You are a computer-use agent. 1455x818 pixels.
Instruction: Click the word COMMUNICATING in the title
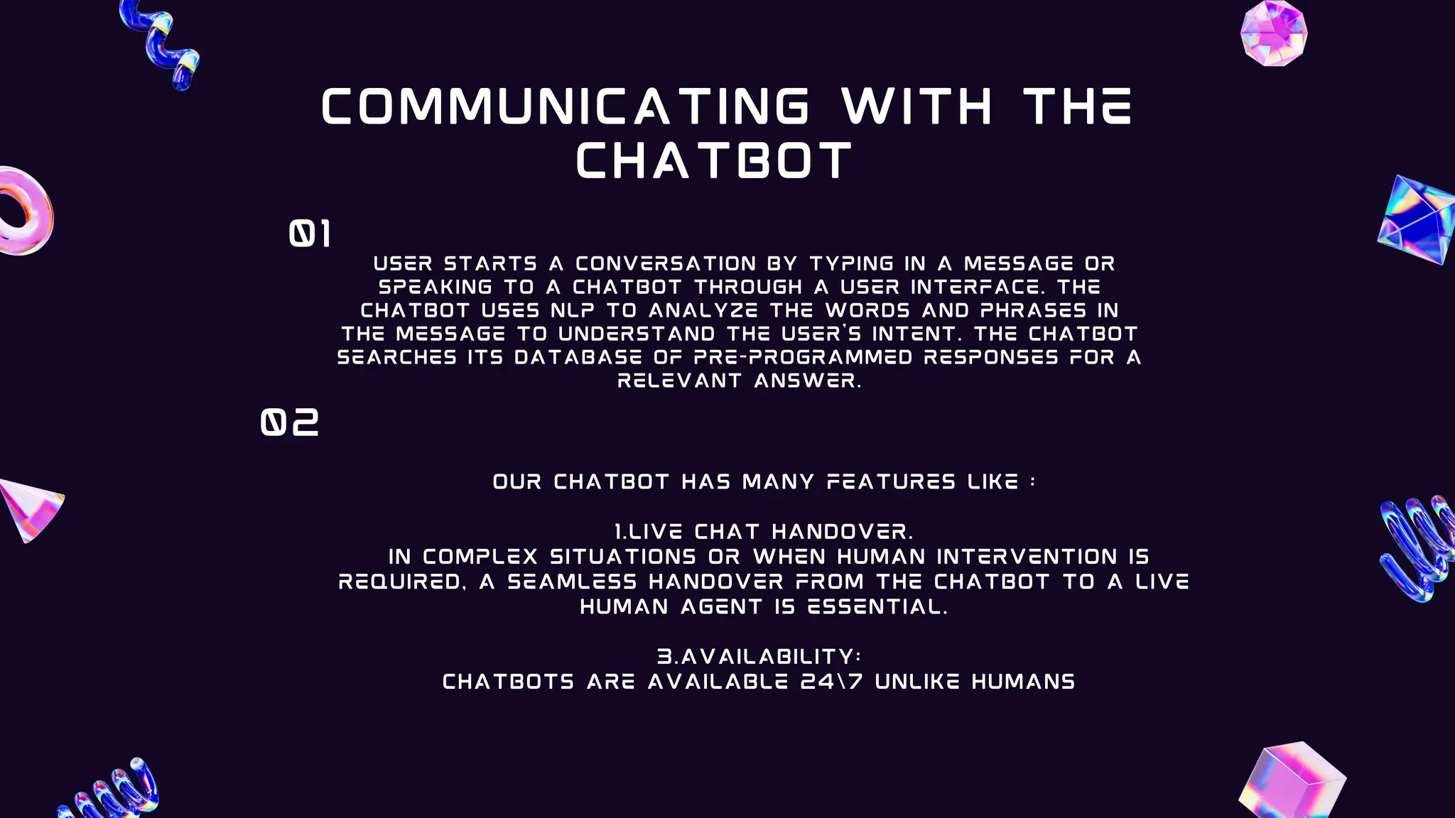pos(566,107)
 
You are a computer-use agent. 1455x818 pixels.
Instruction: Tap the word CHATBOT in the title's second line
pos(714,161)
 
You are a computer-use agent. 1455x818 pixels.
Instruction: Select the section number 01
pos(310,234)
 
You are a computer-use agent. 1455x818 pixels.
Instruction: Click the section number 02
pos(290,422)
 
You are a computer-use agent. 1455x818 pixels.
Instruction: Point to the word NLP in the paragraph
pos(572,311)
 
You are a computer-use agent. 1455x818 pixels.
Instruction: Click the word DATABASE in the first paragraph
pos(578,357)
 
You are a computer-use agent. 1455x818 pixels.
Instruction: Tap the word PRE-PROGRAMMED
pos(803,357)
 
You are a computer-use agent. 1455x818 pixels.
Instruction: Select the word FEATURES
pos(891,482)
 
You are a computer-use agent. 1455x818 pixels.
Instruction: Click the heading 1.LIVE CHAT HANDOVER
pos(764,532)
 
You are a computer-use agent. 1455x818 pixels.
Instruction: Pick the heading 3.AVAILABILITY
pos(759,657)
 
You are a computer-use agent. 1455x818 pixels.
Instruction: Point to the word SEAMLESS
pos(572,582)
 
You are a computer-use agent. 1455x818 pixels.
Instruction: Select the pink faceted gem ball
pos(1274,33)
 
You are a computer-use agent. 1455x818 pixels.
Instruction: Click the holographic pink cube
pos(1292,782)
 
